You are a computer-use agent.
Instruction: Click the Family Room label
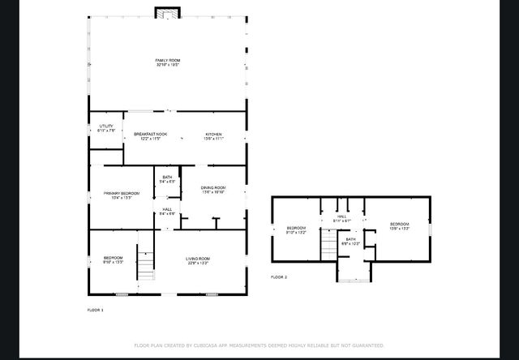tap(167, 62)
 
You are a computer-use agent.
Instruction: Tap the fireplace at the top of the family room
tap(169, 13)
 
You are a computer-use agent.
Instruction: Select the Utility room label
tap(106, 128)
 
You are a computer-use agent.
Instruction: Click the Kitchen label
tap(213, 136)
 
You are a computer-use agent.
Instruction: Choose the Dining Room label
tap(212, 190)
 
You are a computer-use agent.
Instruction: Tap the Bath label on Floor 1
tap(167, 179)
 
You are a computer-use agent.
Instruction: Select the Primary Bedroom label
tap(122, 195)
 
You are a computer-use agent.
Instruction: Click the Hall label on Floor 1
tap(167, 212)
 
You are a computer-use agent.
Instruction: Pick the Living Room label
tap(198, 261)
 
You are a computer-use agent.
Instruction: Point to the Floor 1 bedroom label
tap(113, 260)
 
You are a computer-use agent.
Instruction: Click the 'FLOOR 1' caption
tap(96, 310)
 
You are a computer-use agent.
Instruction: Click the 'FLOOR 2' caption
tap(279, 276)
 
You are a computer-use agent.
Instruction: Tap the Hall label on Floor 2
tap(342, 219)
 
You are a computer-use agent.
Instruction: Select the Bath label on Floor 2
tap(350, 241)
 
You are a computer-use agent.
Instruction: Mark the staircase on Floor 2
tap(328, 242)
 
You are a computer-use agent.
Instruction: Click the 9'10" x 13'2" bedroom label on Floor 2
tap(296, 229)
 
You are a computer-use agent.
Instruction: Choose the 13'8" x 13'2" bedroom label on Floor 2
tap(400, 226)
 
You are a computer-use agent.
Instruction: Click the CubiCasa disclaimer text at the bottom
tap(259, 345)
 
